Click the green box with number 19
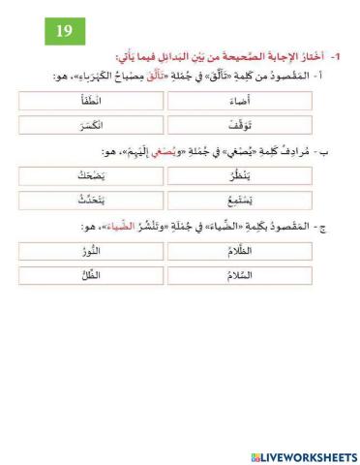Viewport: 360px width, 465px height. point(63,31)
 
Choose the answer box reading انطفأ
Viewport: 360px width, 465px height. point(91,101)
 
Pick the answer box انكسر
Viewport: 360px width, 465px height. point(91,126)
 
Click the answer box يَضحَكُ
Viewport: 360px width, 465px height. point(91,175)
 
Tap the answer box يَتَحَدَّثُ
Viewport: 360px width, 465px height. point(91,200)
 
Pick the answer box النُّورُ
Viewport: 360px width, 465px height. point(91,250)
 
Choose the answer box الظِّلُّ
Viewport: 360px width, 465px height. point(91,275)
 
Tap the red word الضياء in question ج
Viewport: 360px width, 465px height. point(135,227)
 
